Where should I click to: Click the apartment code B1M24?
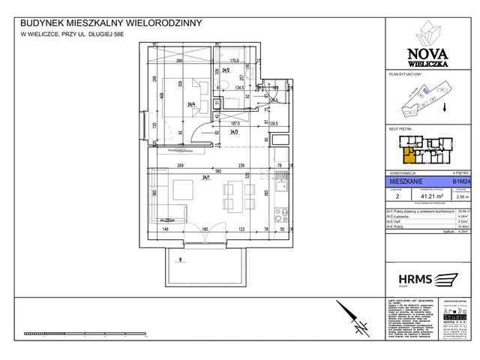click(x=462, y=181)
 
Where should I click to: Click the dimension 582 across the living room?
click(x=215, y=171)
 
